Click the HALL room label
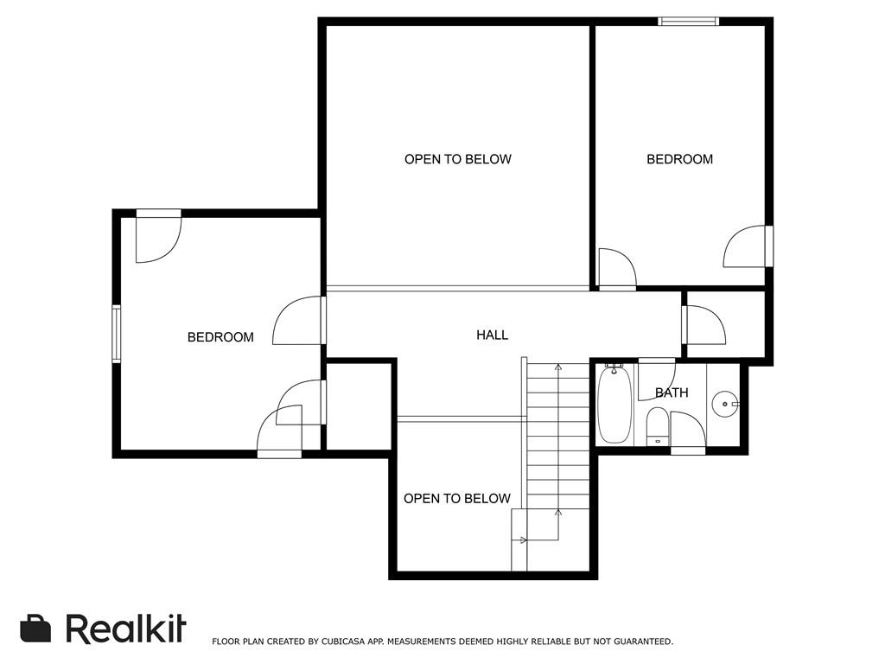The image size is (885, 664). click(x=492, y=335)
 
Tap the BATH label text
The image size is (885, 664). click(x=672, y=393)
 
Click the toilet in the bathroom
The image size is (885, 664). click(x=658, y=426)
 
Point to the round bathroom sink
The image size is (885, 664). click(x=725, y=404)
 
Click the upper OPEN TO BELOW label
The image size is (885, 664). click(x=458, y=159)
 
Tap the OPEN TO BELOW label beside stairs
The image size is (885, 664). click(x=457, y=499)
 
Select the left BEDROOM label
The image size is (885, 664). click(x=220, y=337)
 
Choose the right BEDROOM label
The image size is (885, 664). click(x=679, y=159)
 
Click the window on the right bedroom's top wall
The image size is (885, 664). click(x=689, y=22)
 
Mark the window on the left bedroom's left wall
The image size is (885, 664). click(x=117, y=334)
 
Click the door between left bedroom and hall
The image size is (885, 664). click(x=299, y=321)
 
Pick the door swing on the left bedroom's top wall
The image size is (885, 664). click(x=159, y=236)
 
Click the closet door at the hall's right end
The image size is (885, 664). click(x=704, y=325)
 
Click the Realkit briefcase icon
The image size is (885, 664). click(x=35, y=628)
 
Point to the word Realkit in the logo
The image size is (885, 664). click(x=126, y=629)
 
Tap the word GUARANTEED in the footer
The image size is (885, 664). click(x=643, y=642)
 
